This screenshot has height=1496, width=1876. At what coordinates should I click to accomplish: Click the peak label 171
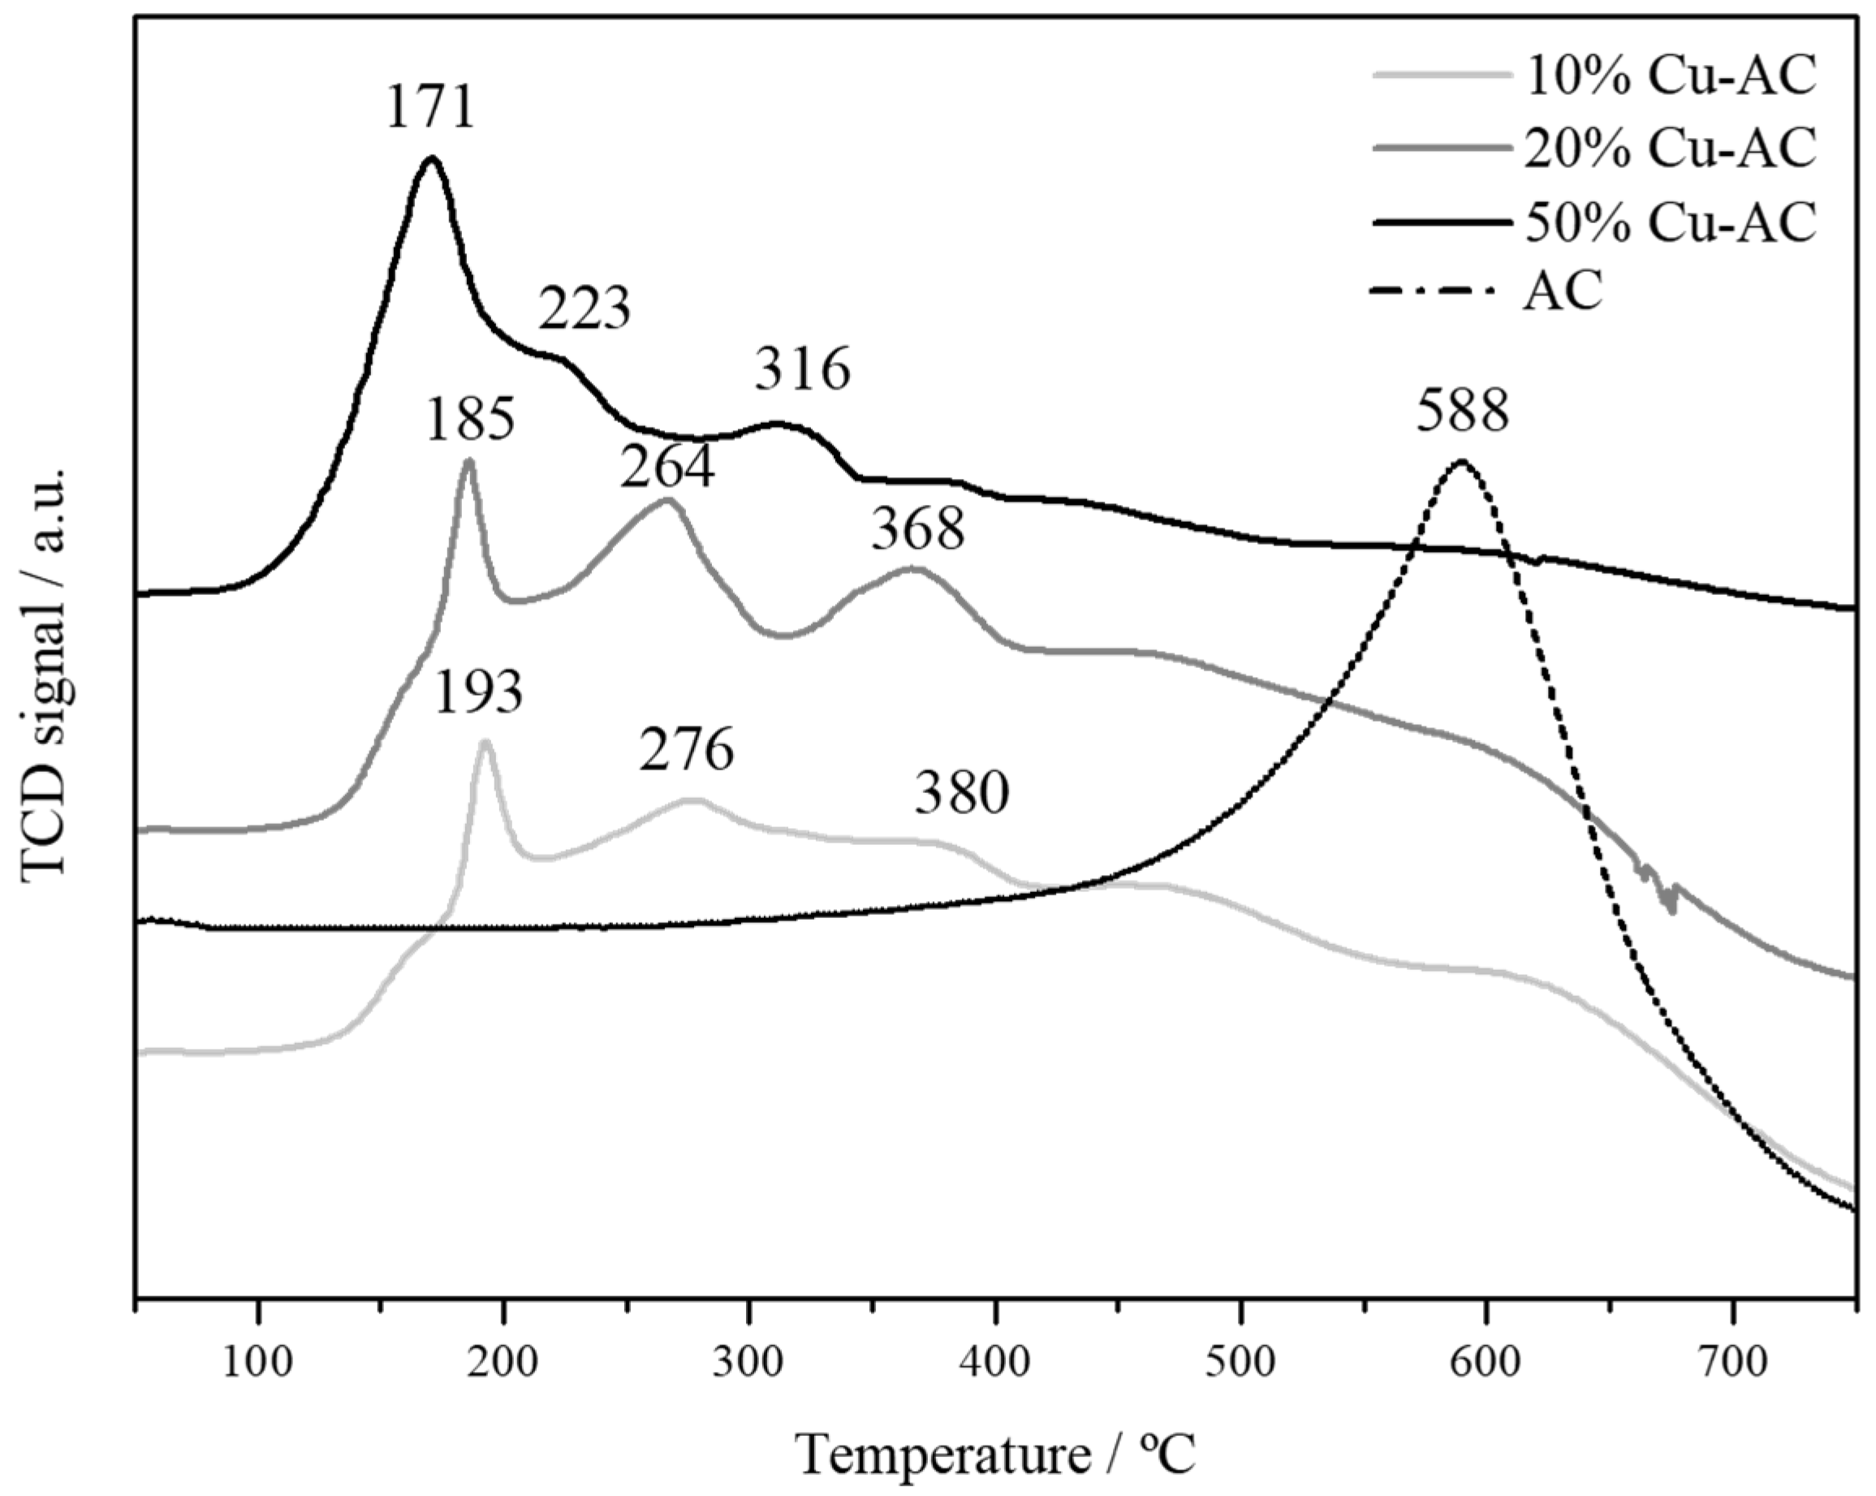[430, 109]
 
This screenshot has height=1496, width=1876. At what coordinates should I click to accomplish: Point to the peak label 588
[1462, 411]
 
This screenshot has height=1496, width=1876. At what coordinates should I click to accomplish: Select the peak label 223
[584, 309]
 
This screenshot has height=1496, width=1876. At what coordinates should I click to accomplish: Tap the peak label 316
[802, 369]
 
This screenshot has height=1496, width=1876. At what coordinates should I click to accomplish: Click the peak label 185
[471, 420]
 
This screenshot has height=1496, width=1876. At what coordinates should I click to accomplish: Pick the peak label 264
[667, 468]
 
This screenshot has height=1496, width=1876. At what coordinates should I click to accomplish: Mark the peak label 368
[918, 529]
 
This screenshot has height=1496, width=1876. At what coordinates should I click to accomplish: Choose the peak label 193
[477, 693]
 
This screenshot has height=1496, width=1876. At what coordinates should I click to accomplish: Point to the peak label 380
[961, 794]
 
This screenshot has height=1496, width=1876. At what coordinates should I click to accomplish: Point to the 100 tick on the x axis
[257, 1362]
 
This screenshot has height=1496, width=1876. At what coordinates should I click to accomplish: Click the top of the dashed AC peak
[1462, 461]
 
